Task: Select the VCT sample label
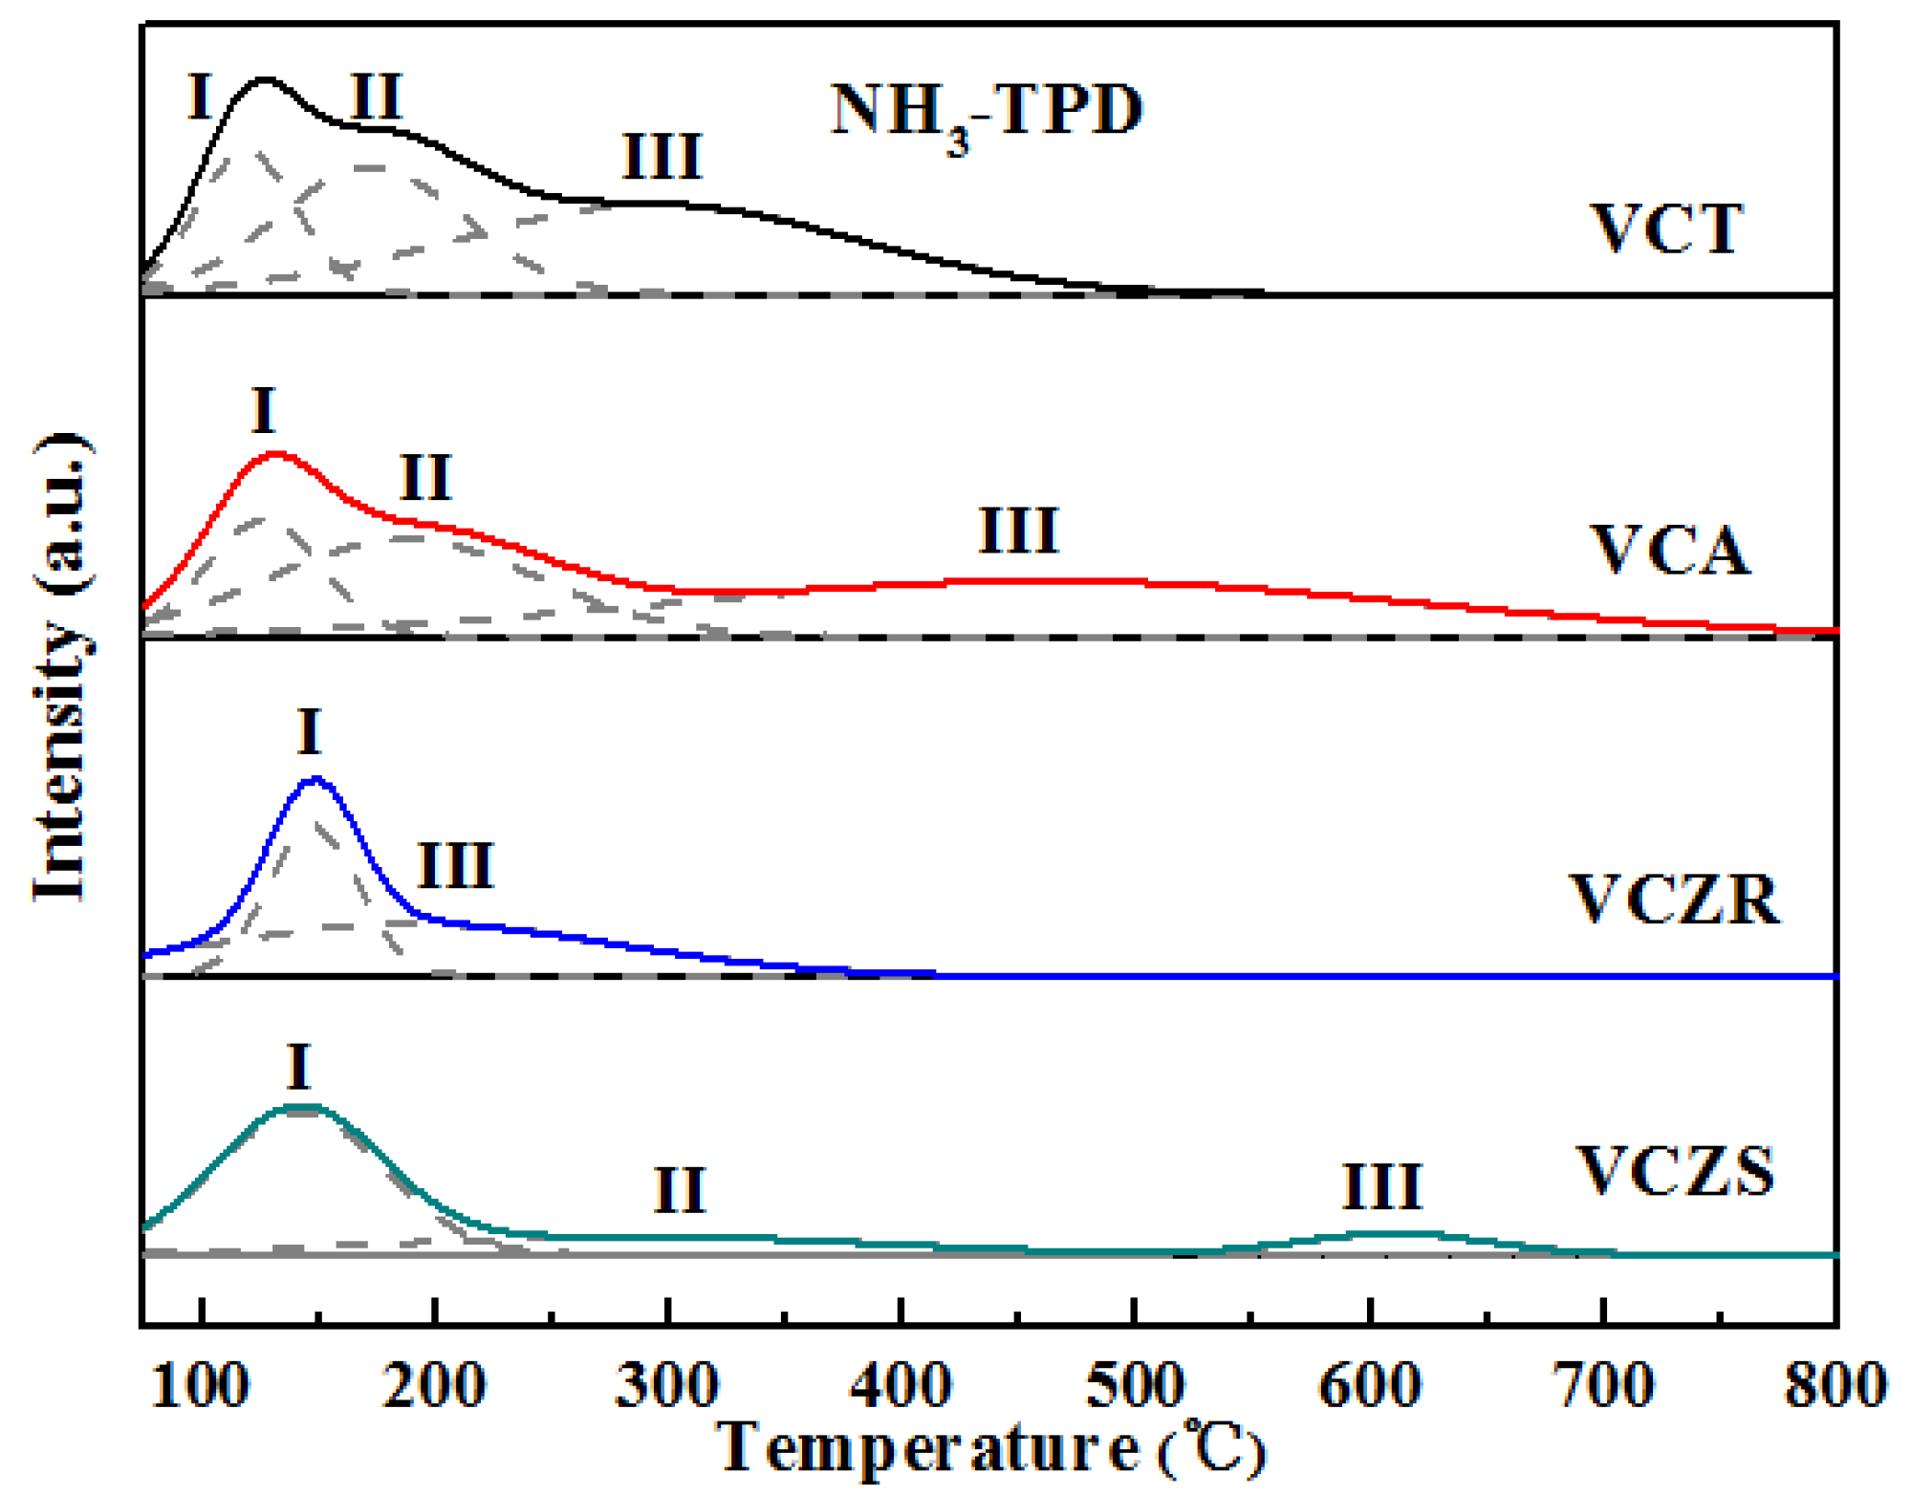[x=1666, y=229]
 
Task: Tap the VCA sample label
[x=1669, y=552]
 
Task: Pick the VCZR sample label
[x=1676, y=900]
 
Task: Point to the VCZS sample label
[x=1674, y=1171]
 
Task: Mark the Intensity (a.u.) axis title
[x=62, y=667]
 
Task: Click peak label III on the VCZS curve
[x=1382, y=1187]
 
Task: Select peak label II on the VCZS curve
[x=680, y=1191]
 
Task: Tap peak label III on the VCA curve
[x=1019, y=531]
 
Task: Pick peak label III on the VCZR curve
[x=455, y=866]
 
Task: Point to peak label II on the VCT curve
[x=376, y=98]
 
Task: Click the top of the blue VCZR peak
[x=315, y=780]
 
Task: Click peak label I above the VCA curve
[x=264, y=412]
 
